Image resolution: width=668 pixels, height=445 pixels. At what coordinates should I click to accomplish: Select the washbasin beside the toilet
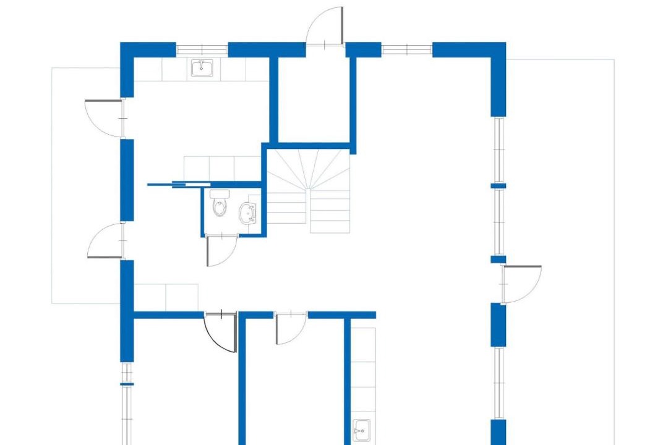click(249, 213)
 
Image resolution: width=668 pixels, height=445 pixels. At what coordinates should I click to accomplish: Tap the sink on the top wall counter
click(202, 68)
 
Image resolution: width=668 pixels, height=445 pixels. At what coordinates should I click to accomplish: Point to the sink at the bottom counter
click(362, 428)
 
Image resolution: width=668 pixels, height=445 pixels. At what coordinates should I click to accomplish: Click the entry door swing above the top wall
click(326, 27)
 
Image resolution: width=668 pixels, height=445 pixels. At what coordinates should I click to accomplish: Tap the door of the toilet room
click(221, 250)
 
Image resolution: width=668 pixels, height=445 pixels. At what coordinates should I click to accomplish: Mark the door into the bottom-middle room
click(291, 328)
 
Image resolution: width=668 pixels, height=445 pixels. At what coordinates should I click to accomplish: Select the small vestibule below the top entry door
click(314, 99)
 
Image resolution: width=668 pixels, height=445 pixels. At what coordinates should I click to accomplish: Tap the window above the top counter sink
click(202, 49)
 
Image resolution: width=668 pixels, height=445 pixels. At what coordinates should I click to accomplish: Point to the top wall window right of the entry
click(406, 49)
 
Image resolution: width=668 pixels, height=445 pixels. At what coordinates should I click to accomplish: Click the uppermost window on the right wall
click(499, 150)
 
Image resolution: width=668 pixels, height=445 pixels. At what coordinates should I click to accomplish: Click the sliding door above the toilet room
click(186, 184)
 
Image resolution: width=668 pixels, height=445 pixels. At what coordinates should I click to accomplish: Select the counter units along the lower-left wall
click(166, 297)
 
